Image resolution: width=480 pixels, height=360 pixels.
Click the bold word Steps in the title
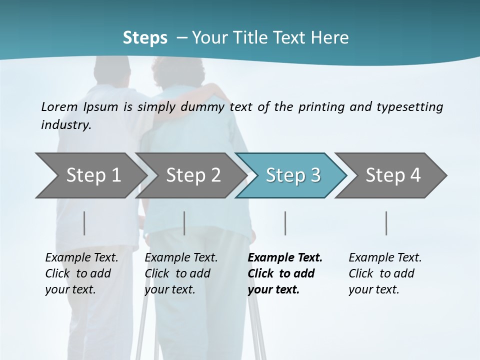click(145, 37)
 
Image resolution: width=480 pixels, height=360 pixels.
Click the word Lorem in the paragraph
click(59, 106)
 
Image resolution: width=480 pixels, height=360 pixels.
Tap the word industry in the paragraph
click(66, 124)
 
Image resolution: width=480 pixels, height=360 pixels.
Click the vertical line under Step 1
click(84, 223)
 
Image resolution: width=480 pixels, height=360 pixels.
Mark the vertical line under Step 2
click(184, 223)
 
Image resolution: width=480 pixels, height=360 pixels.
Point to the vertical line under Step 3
click(285, 223)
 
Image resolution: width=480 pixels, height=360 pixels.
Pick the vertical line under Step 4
click(386, 223)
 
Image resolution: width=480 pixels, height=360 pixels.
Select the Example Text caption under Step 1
click(81, 273)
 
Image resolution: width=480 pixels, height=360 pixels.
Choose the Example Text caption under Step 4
click(385, 273)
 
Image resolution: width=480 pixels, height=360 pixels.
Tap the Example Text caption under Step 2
click(181, 273)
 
